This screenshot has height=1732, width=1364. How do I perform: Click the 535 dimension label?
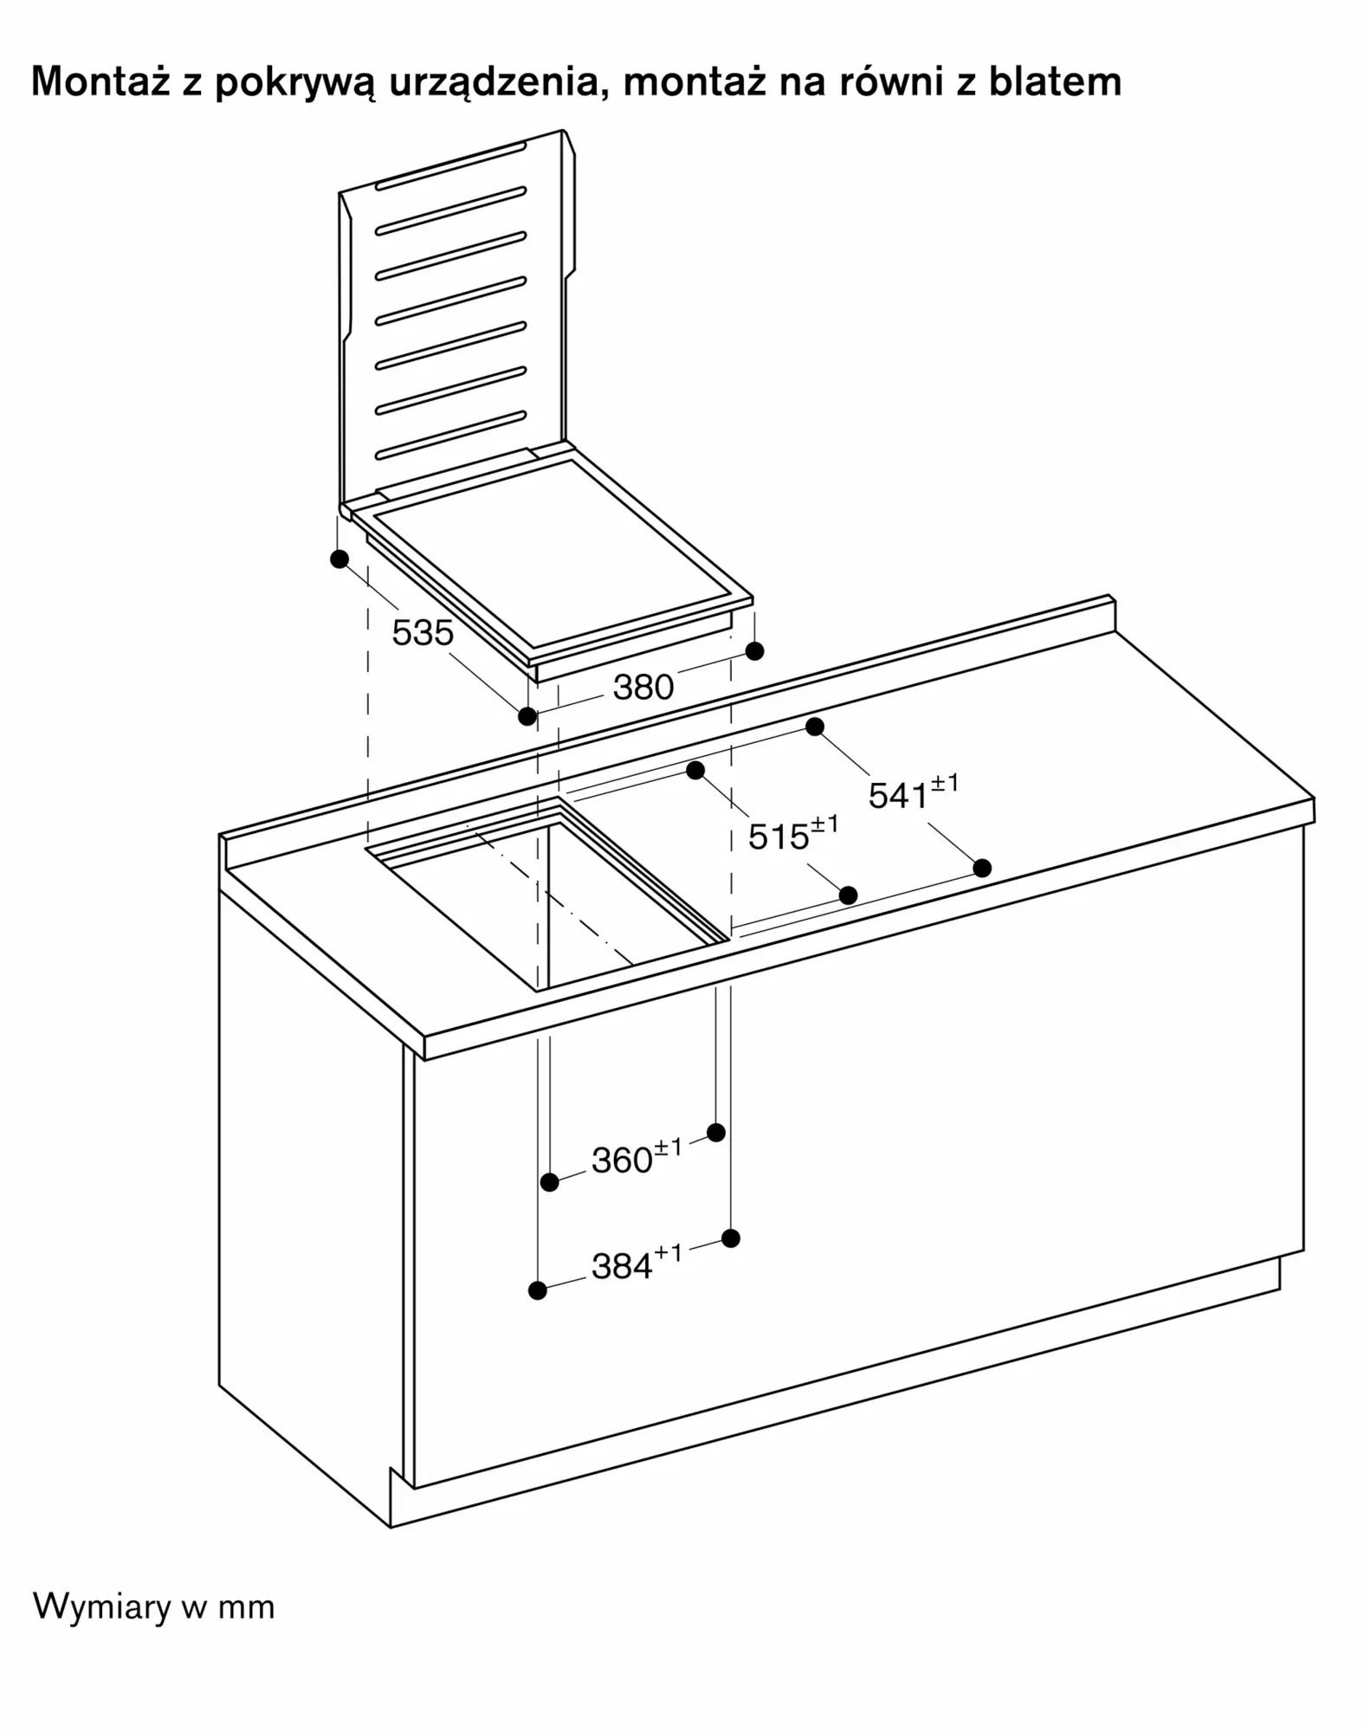tap(423, 633)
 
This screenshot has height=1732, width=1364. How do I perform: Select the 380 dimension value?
tap(643, 688)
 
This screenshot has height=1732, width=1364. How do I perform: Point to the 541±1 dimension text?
tap(914, 792)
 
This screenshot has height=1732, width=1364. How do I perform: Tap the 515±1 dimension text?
tap(793, 834)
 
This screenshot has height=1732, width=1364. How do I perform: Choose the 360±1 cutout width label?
tap(637, 1157)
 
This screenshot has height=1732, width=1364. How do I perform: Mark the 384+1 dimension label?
tap(637, 1263)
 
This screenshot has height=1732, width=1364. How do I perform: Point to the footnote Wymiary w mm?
tap(153, 1606)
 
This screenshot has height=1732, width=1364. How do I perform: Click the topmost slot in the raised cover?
tap(450, 165)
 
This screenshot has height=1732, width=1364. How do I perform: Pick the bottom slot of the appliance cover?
tap(450, 436)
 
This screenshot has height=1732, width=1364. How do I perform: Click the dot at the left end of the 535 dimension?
tap(339, 559)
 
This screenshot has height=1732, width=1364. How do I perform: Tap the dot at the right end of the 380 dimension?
tap(754, 650)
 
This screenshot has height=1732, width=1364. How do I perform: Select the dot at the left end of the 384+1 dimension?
tap(537, 1290)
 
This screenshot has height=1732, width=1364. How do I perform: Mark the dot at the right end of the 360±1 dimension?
tap(716, 1132)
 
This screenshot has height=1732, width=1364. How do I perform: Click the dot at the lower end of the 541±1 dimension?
tap(982, 867)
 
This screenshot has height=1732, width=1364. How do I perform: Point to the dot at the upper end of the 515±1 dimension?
tap(695, 770)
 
